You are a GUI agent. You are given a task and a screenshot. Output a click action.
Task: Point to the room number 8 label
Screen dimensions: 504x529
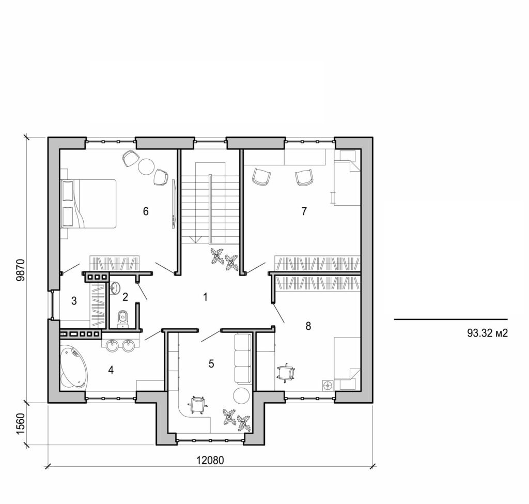pyautogui.click(x=308, y=326)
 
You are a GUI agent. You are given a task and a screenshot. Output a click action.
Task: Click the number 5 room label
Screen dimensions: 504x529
pyautogui.click(x=211, y=363)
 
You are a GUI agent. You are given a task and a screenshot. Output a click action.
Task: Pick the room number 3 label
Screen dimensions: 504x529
pyautogui.click(x=74, y=300)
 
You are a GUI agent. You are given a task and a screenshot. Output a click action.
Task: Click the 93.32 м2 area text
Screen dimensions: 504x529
pyautogui.click(x=488, y=333)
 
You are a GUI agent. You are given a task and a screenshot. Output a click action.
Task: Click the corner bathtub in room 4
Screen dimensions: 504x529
pyautogui.click(x=73, y=368)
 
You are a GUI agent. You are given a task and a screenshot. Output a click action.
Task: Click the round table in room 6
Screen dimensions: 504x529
pyautogui.click(x=145, y=166)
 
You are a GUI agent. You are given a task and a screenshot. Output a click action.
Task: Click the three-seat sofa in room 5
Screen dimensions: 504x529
pyautogui.click(x=242, y=358)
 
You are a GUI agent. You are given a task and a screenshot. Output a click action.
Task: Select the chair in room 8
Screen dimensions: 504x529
pyautogui.click(x=286, y=372)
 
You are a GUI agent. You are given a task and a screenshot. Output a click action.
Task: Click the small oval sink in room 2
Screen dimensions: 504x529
pyautogui.click(x=115, y=287)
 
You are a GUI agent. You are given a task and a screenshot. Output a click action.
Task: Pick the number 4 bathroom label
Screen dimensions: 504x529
pyautogui.click(x=110, y=370)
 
